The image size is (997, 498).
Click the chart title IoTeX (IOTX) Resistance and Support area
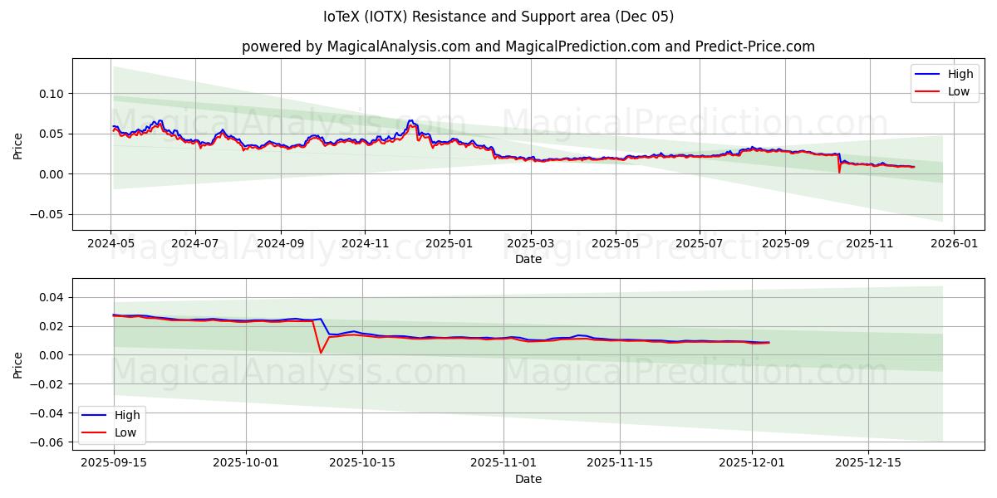[498, 17]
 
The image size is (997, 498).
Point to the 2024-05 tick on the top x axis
[111, 244]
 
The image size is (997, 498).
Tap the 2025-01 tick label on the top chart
[449, 244]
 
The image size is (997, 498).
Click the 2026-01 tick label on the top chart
[954, 244]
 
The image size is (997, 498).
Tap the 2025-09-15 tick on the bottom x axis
[114, 462]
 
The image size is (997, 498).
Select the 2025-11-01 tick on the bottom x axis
[503, 462]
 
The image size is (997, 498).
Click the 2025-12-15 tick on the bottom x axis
[867, 462]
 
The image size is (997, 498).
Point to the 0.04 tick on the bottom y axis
[52, 297]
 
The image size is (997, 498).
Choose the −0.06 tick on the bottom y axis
[49, 442]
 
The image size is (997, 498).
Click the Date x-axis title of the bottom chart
[528, 479]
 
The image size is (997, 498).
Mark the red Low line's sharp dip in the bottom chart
[321, 353]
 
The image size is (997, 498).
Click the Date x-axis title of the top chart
[528, 259]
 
